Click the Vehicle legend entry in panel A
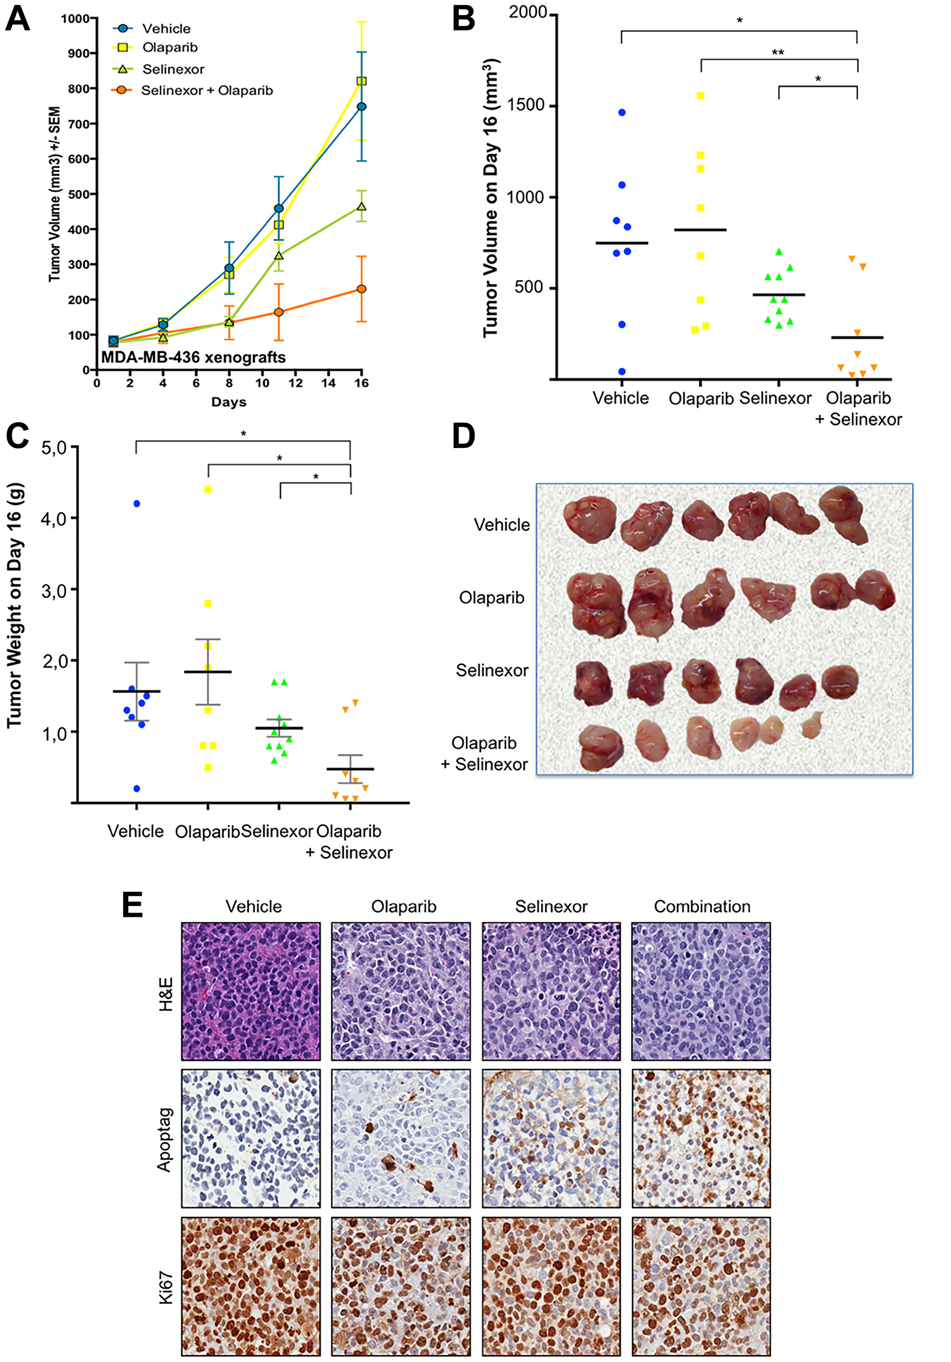pos(165,29)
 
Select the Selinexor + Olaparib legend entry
pos(206,90)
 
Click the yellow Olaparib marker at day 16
pos(361,81)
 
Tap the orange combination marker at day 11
pos(279,312)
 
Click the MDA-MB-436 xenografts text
pos(194,357)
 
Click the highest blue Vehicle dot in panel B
pos(622,112)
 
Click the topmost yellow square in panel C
pos(208,489)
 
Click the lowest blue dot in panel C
pos(136,788)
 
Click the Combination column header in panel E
pos(702,906)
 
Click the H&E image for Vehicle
pos(251,991)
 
